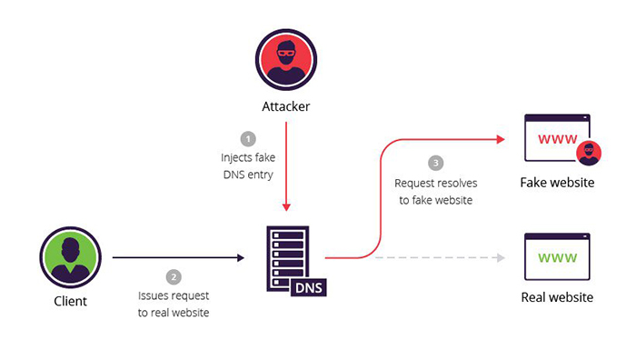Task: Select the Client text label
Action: tap(69, 301)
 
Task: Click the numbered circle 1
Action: tap(247, 139)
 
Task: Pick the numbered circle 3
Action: tap(436, 164)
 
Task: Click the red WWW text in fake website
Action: tap(556, 139)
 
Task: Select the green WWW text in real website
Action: tap(556, 258)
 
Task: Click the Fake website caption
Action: tap(556, 183)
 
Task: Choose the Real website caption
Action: tap(556, 297)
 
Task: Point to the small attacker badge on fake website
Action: tap(591, 153)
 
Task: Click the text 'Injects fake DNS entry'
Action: tap(247, 165)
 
